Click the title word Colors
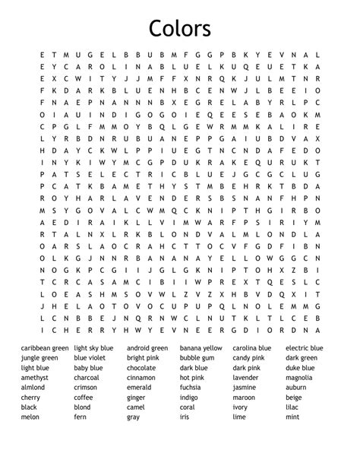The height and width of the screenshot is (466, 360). (180, 28)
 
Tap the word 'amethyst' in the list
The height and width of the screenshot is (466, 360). (35, 378)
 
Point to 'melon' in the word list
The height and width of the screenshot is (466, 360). (30, 417)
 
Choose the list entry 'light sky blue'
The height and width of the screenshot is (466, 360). (93, 348)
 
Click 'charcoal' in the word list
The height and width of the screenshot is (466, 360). (87, 378)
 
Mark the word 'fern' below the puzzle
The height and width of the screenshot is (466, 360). (81, 417)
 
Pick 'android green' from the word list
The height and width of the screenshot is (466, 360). (147, 348)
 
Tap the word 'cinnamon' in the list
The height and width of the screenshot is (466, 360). (141, 378)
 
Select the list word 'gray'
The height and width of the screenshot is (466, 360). (134, 417)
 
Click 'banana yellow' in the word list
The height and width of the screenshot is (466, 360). (201, 348)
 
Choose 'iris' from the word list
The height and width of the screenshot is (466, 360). (185, 417)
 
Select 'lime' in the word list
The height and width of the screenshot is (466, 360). (239, 417)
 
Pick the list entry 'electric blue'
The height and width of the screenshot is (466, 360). (305, 348)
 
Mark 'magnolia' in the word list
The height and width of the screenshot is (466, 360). (299, 378)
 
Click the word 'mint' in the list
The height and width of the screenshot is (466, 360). (293, 417)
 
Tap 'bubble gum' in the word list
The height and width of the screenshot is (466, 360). (197, 358)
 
